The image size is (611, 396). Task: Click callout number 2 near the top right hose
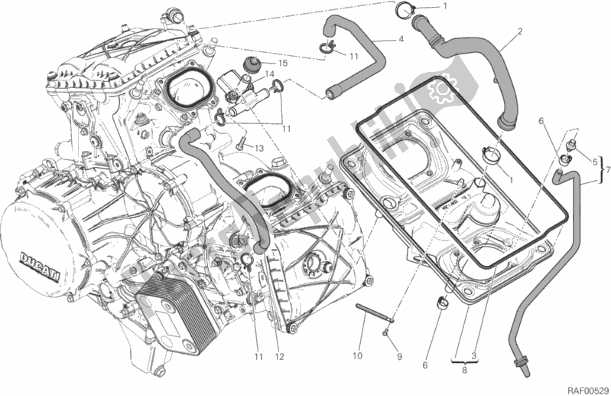519,32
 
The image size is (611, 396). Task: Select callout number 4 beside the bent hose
400,39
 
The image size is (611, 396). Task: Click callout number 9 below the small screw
398,357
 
